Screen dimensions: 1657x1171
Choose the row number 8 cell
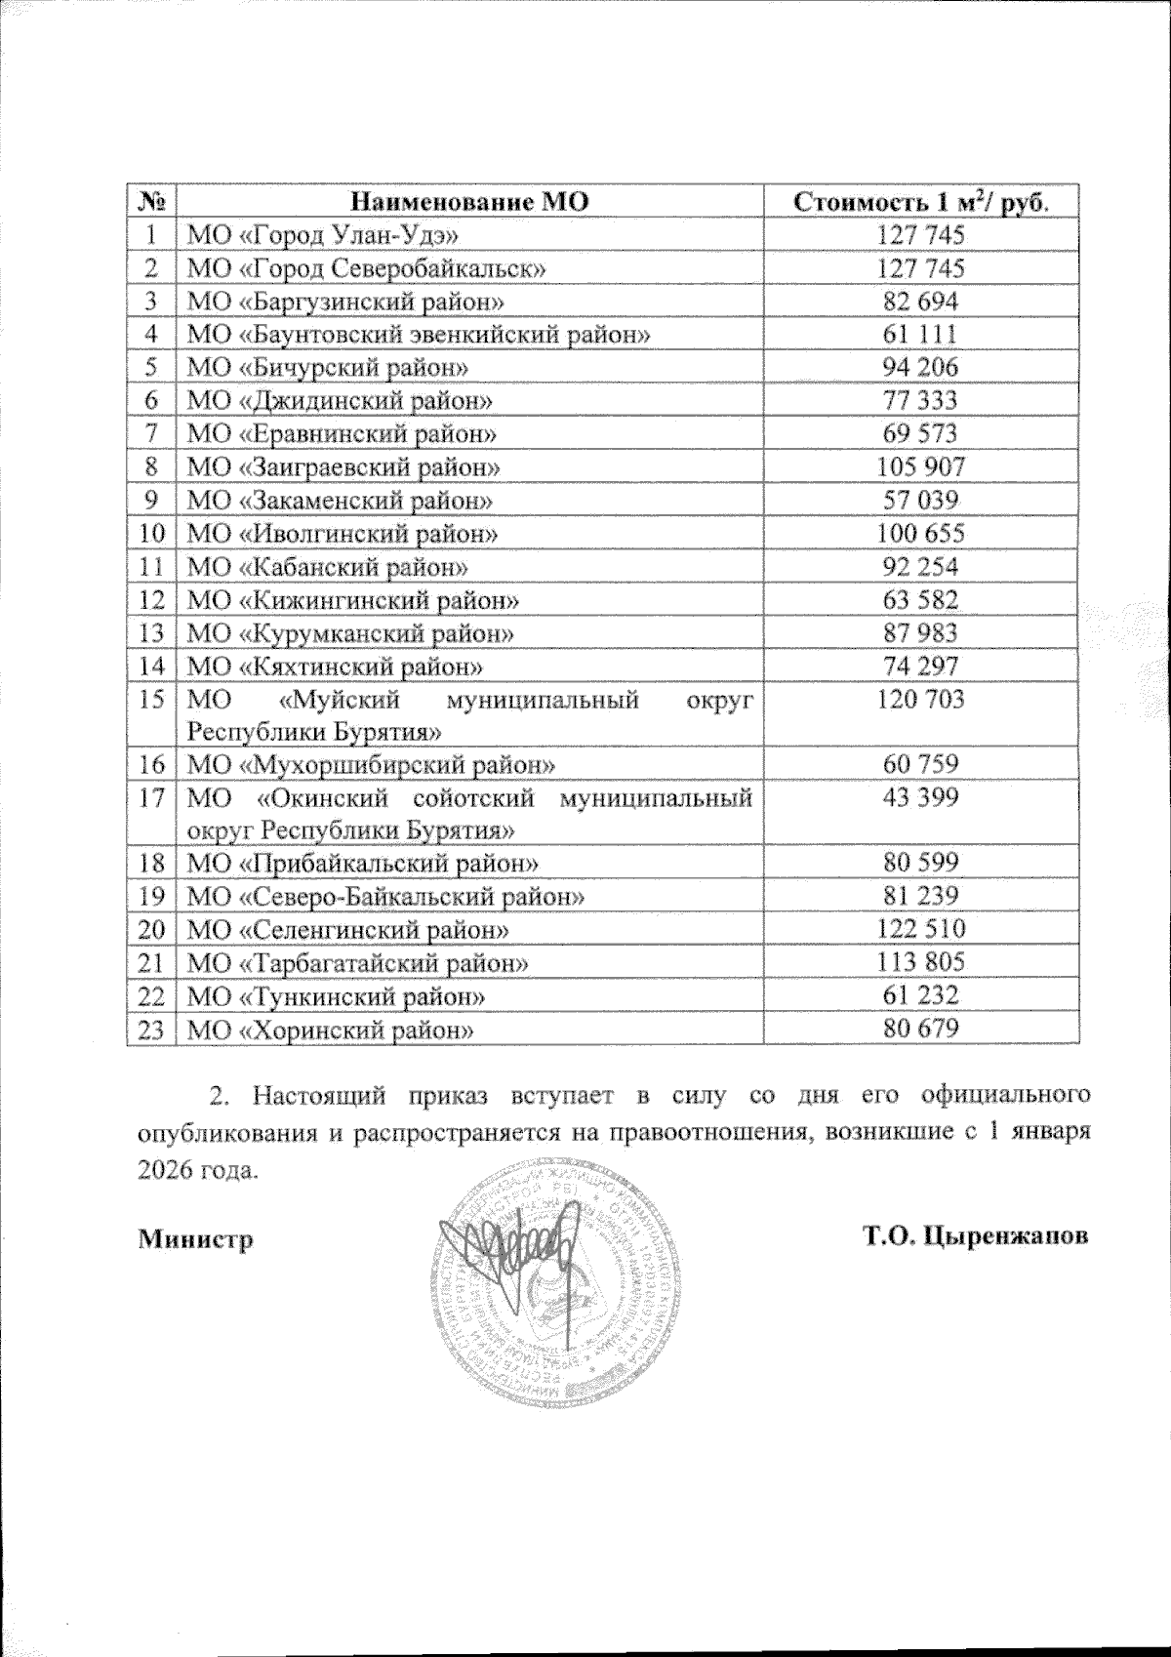(150, 466)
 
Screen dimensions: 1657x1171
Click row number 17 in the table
(150, 798)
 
